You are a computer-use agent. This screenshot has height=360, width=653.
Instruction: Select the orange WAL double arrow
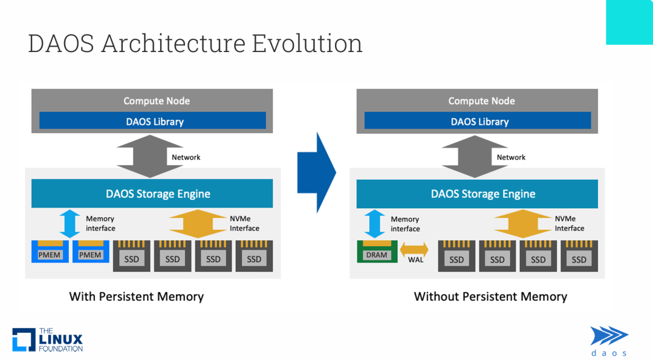pyautogui.click(x=414, y=249)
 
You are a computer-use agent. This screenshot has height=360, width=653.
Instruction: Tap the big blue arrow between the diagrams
pyautogui.click(x=317, y=173)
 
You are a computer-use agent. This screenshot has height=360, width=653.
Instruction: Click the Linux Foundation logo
pyautogui.click(x=47, y=340)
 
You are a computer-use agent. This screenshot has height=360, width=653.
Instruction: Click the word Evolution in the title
pyautogui.click(x=307, y=44)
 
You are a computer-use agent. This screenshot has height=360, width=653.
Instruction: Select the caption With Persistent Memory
pyautogui.click(x=136, y=296)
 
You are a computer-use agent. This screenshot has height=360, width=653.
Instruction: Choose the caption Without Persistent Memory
pyautogui.click(x=490, y=296)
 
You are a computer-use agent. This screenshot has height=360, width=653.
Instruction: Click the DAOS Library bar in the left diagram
pyautogui.click(x=152, y=121)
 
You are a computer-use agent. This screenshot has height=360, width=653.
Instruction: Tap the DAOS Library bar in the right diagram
pyautogui.click(x=478, y=121)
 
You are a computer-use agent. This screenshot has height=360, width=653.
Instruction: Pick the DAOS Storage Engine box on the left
pyautogui.click(x=152, y=194)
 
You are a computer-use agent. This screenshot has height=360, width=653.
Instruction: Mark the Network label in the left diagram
pyautogui.click(x=186, y=157)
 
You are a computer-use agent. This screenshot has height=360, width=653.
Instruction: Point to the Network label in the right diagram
pyautogui.click(x=511, y=157)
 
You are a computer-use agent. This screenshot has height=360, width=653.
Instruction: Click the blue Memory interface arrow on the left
pyautogui.click(x=70, y=223)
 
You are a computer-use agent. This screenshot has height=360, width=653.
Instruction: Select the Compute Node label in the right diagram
pyautogui.click(x=481, y=101)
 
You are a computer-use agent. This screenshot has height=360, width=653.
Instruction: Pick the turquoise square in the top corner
pyautogui.click(x=629, y=22)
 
